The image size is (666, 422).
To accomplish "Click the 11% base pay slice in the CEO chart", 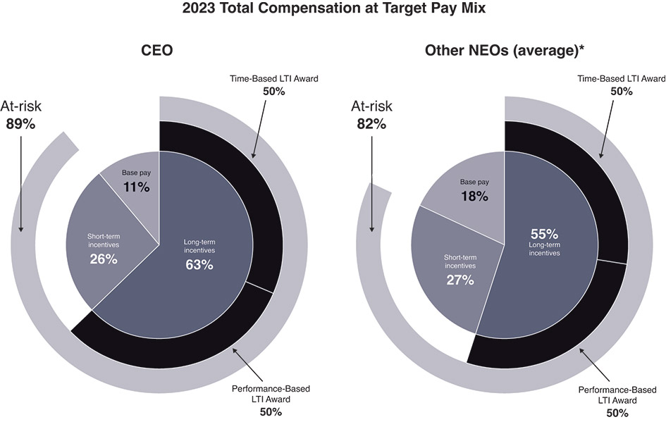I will (x=133, y=180).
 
